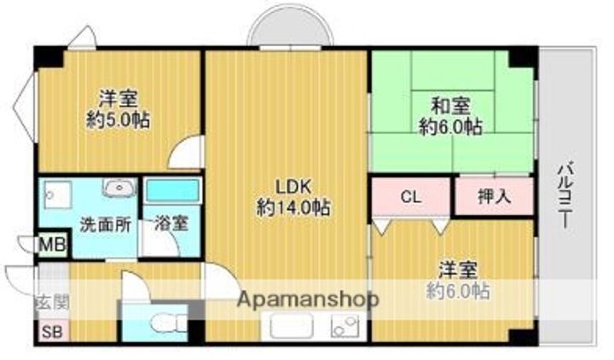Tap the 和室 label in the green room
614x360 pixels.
449,107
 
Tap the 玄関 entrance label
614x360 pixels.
51,302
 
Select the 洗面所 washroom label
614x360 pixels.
105,225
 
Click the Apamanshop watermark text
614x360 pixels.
307,299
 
